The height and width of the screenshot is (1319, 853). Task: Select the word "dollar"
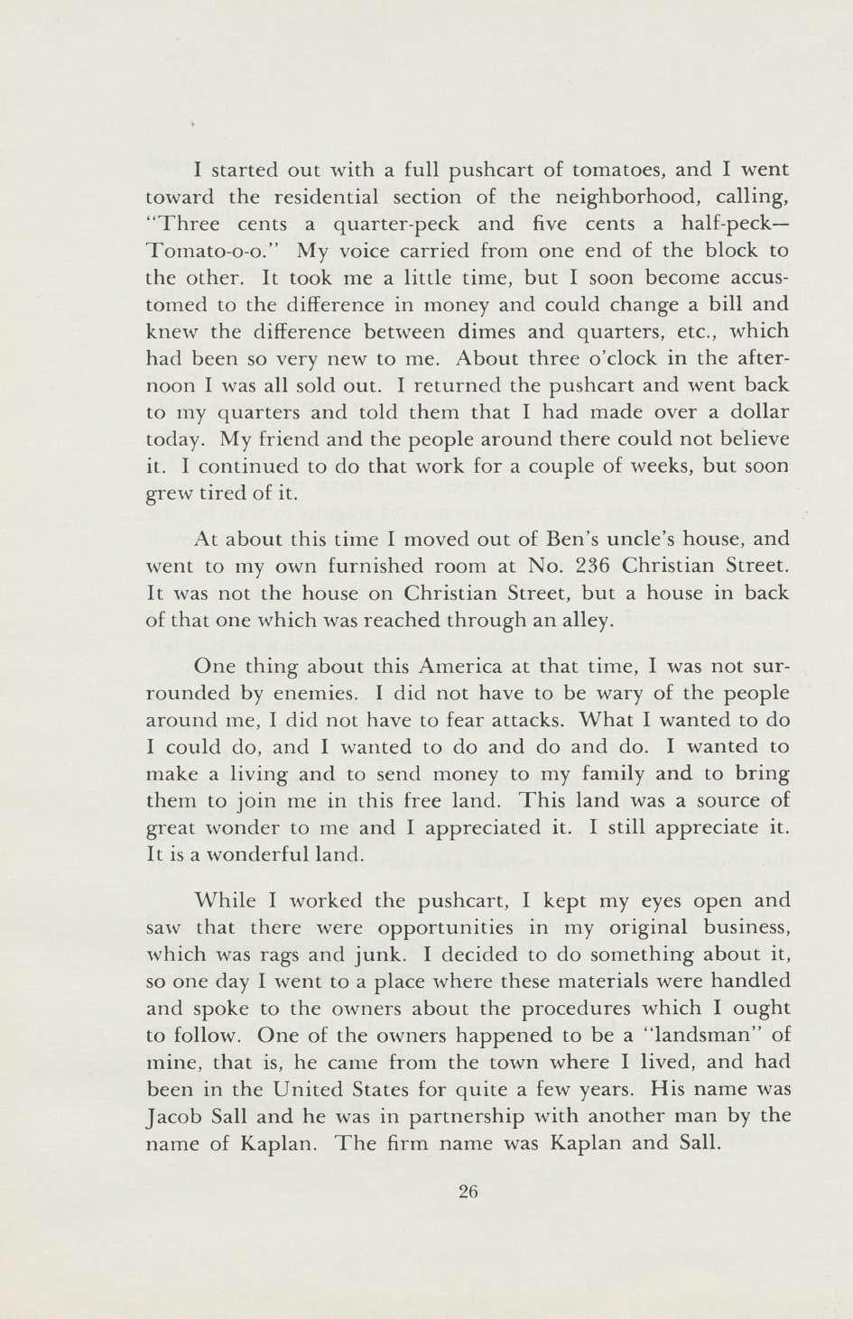[751, 412]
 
